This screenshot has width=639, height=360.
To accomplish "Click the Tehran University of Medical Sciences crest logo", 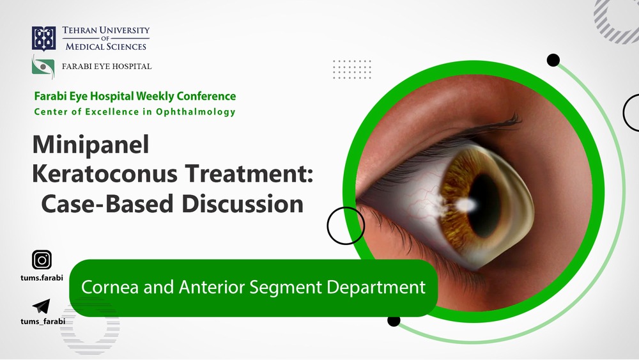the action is coord(43,39).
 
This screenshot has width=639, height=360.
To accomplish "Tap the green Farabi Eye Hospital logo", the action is coord(43,66).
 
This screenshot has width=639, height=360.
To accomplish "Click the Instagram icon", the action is coord(42,260).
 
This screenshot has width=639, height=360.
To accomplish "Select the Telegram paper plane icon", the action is coord(41,306).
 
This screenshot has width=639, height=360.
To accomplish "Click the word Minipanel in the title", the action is coord(91,145).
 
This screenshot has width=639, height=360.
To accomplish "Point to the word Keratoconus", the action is coord(105,173).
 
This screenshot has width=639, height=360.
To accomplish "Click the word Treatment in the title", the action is coord(246,173).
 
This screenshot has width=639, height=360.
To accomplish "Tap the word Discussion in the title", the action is coord(242,203).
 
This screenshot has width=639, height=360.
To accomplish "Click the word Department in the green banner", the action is coord(376,288).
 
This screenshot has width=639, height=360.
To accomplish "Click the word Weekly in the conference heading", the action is coord(155,96).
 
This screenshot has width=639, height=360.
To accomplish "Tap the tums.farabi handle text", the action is coord(42,278).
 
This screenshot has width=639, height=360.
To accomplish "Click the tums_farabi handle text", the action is coord(43,321).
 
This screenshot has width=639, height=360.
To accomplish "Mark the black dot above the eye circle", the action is coord(553,60).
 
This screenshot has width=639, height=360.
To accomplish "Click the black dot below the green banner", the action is coord(394,320).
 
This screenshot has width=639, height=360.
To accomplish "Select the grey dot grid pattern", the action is coord(352,69).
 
